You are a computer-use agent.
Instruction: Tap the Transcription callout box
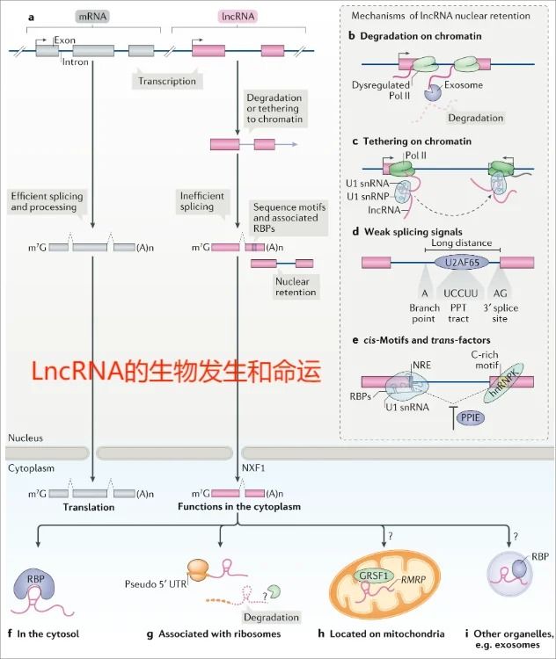tap(166, 80)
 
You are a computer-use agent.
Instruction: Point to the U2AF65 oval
tap(455, 262)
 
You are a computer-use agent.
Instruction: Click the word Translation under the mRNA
tap(90, 507)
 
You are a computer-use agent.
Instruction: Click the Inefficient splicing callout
tap(202, 201)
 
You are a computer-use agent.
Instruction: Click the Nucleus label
tap(25, 438)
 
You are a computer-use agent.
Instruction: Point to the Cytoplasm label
tap(32, 468)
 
